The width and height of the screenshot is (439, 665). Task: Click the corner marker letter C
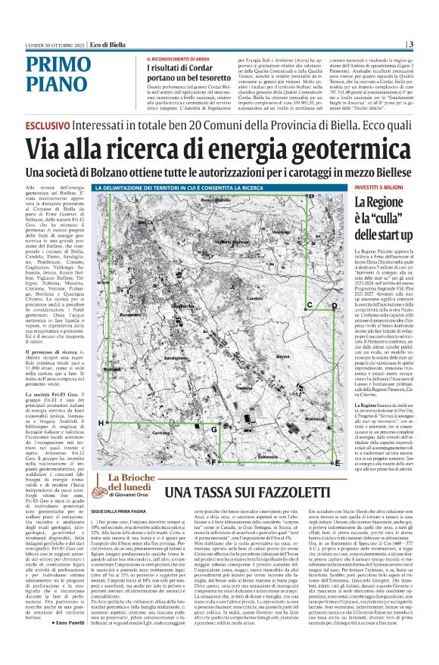(311, 305)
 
